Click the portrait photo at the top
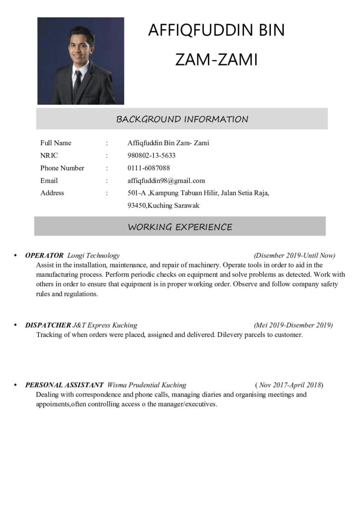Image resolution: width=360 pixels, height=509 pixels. click(81, 61)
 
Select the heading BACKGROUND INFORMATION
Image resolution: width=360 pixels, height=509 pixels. click(182, 119)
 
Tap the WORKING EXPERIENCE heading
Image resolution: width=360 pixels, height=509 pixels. click(180, 227)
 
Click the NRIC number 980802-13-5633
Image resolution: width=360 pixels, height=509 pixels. click(152, 156)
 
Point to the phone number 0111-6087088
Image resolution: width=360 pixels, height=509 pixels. click(149, 168)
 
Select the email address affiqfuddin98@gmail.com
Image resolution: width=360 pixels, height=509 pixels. click(166, 180)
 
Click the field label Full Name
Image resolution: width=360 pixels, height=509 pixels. click(56, 143)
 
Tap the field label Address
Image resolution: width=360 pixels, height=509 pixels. click(52, 193)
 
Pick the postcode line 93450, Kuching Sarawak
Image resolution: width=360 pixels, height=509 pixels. click(164, 205)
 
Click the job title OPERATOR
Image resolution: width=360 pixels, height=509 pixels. click(44, 255)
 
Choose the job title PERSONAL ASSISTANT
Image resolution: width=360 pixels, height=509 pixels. click(64, 385)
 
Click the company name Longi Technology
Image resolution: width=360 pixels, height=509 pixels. click(93, 255)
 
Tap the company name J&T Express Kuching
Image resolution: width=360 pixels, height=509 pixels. click(105, 325)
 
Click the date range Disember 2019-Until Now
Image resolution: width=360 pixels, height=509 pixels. click(294, 255)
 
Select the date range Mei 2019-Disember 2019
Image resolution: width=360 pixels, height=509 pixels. click(293, 325)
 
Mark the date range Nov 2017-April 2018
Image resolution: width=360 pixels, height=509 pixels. click(289, 385)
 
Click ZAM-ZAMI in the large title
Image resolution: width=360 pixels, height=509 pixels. click(216, 60)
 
